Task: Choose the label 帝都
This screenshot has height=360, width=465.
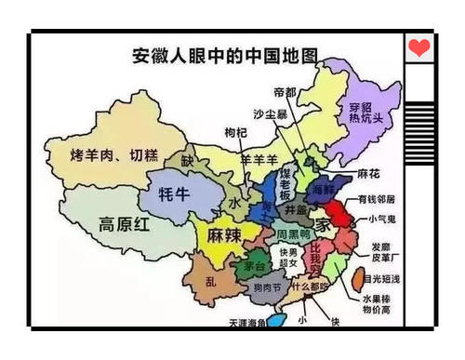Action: click(285, 91)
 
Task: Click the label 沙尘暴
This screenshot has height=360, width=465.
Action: click(245, 113)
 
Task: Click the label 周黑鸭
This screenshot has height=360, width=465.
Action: click(293, 233)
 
